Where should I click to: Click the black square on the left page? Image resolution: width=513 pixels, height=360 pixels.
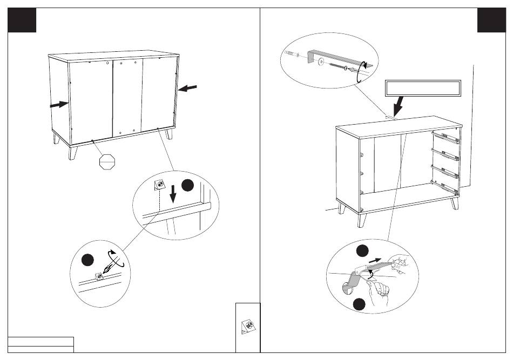tap(22, 20)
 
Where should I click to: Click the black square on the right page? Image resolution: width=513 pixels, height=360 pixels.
tap(491, 20)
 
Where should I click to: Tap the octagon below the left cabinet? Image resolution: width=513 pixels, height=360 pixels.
tap(109, 161)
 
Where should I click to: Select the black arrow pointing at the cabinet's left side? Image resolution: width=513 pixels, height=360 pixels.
tap(58, 105)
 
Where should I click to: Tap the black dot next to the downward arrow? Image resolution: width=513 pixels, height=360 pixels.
tap(187, 185)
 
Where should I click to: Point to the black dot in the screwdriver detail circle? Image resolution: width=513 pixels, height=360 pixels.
tap(86, 260)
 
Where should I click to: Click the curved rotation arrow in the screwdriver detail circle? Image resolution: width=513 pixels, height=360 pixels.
tap(115, 258)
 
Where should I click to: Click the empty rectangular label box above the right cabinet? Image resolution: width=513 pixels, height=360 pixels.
tap(423, 88)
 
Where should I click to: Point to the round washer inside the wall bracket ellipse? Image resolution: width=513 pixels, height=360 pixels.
tap(321, 62)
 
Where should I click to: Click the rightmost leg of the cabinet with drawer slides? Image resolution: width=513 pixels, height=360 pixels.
tap(454, 204)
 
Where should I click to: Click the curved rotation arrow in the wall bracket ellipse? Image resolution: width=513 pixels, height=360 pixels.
tap(362, 72)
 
